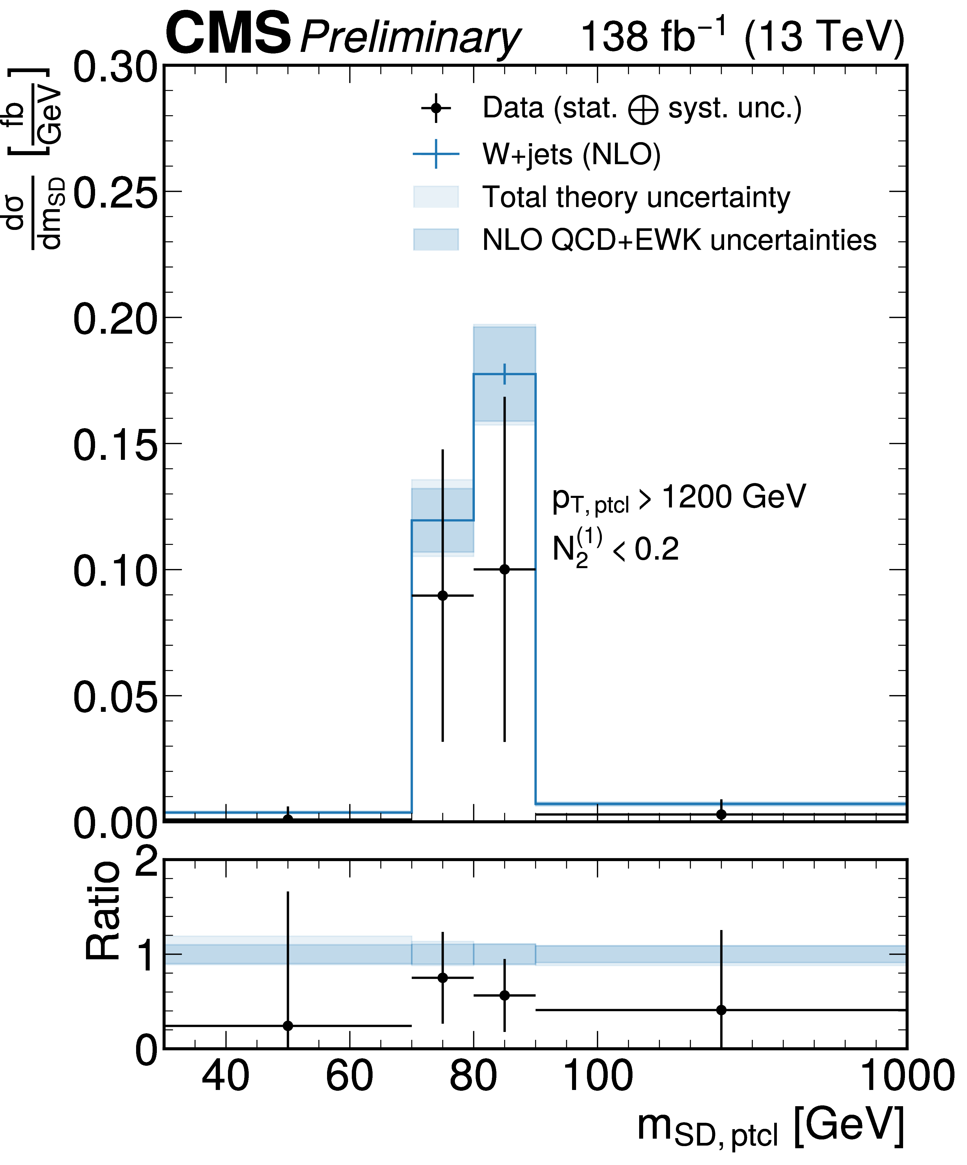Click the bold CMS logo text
click(228, 34)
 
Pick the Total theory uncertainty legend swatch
click(436, 197)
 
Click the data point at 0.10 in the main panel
click(504, 569)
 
